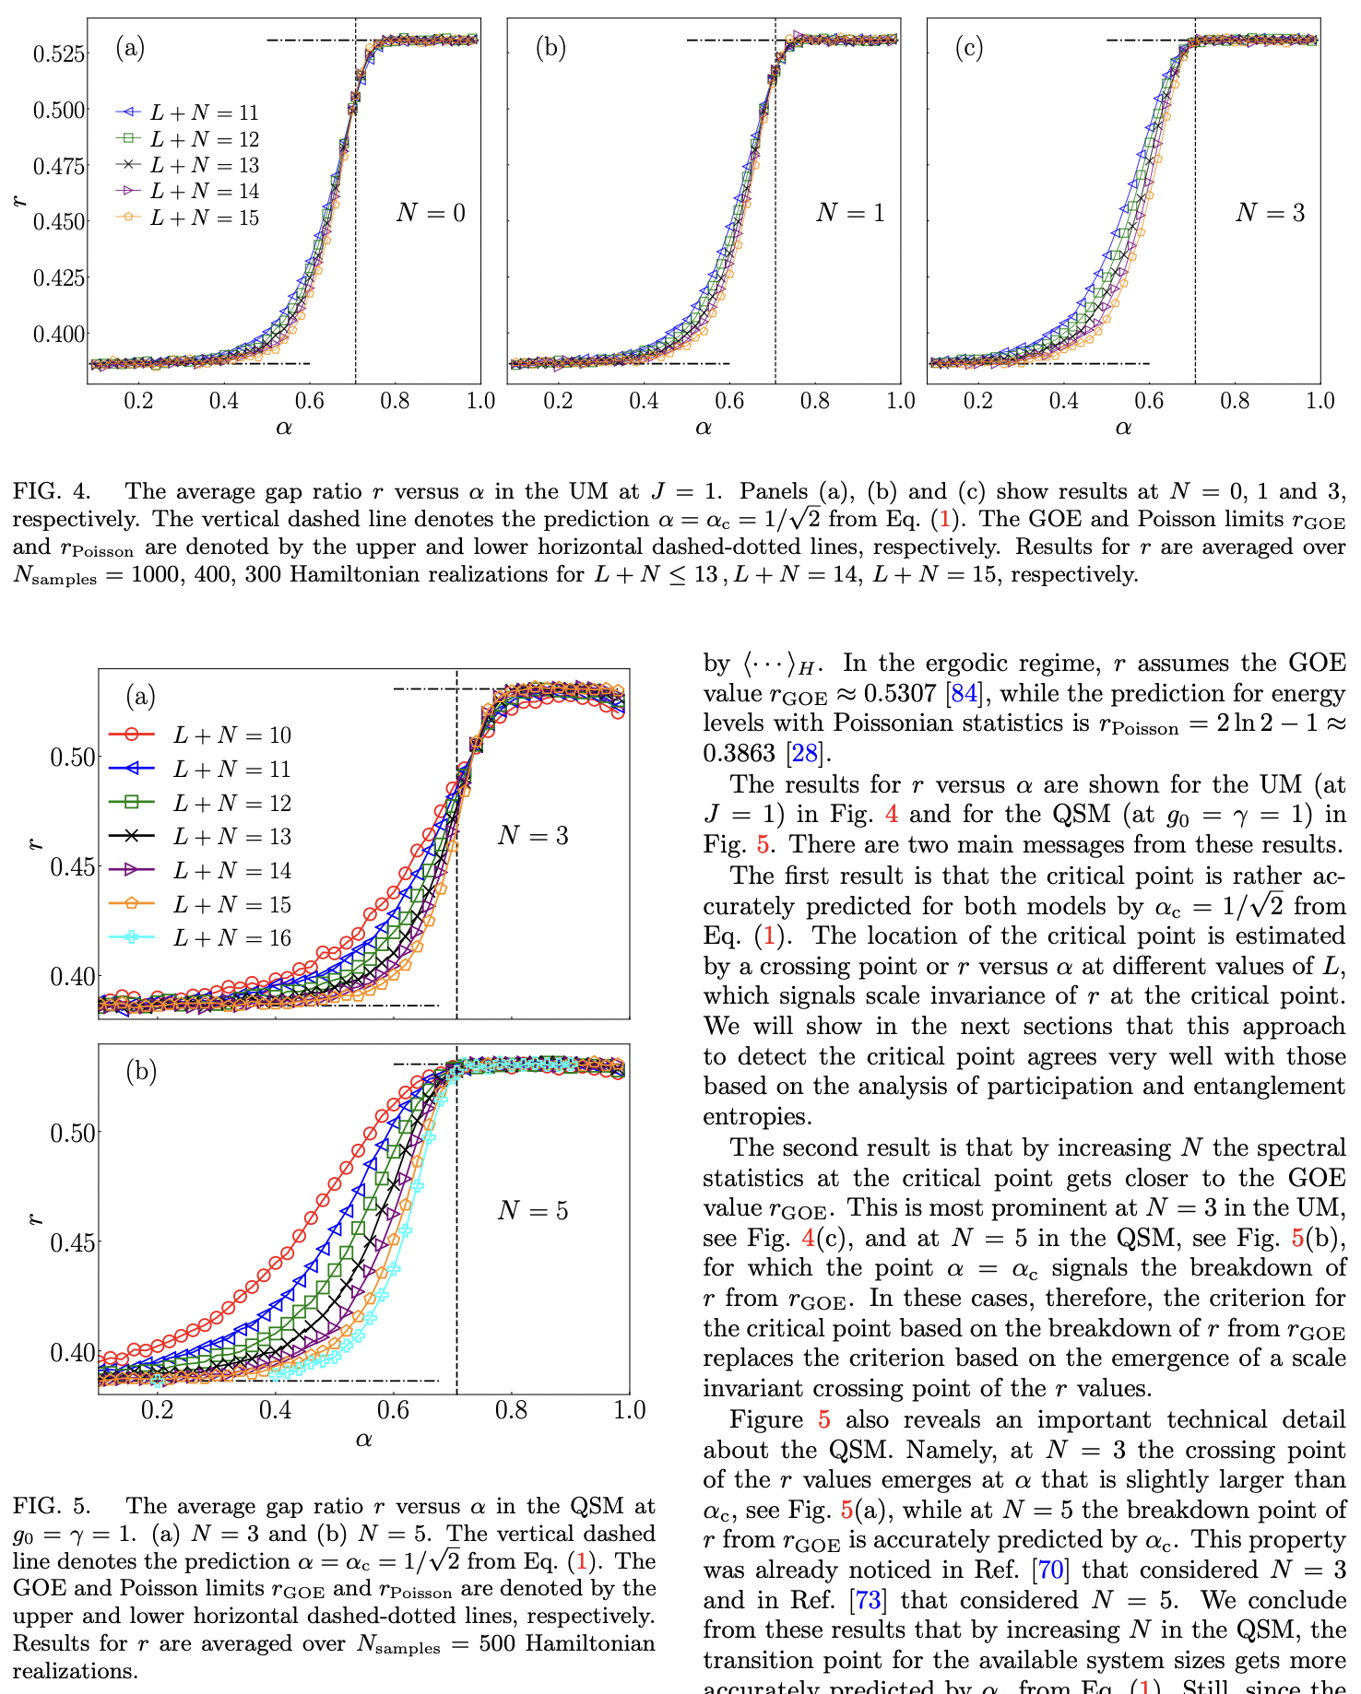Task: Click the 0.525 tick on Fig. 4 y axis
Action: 60,53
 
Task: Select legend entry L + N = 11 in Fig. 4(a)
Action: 204,112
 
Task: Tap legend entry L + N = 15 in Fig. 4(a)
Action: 204,218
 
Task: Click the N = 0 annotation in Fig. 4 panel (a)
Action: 431,213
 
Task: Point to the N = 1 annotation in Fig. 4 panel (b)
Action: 850,213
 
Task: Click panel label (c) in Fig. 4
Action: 968,48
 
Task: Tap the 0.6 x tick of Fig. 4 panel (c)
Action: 1149,401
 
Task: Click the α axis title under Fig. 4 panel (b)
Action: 704,427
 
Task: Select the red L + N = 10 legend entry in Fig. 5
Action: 231,735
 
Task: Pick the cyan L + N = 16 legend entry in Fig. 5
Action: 231,938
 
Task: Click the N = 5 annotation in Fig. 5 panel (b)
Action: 533,1210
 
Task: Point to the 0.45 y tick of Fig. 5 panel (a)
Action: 72,866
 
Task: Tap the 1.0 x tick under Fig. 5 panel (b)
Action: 629,1410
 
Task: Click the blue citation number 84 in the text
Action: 964,693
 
